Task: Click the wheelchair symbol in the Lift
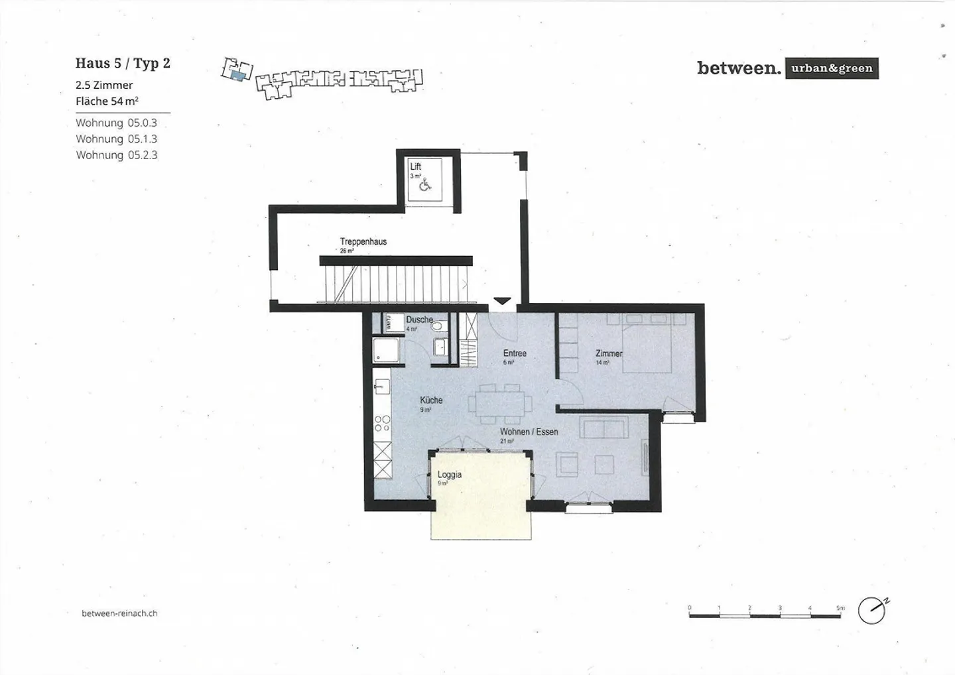click(425, 186)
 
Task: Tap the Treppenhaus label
click(363, 241)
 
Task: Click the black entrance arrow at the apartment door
click(503, 301)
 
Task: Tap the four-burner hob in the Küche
click(382, 423)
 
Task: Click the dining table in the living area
click(499, 403)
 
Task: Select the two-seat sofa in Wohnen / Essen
click(604, 428)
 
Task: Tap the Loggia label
click(449, 475)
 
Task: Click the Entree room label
click(515, 353)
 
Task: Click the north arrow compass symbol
click(871, 611)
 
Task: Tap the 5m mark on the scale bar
click(840, 608)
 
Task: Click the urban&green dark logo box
click(832, 68)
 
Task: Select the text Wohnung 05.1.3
click(116, 139)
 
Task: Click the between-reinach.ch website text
click(119, 613)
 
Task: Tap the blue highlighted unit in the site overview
click(237, 76)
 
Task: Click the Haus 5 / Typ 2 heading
click(123, 63)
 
